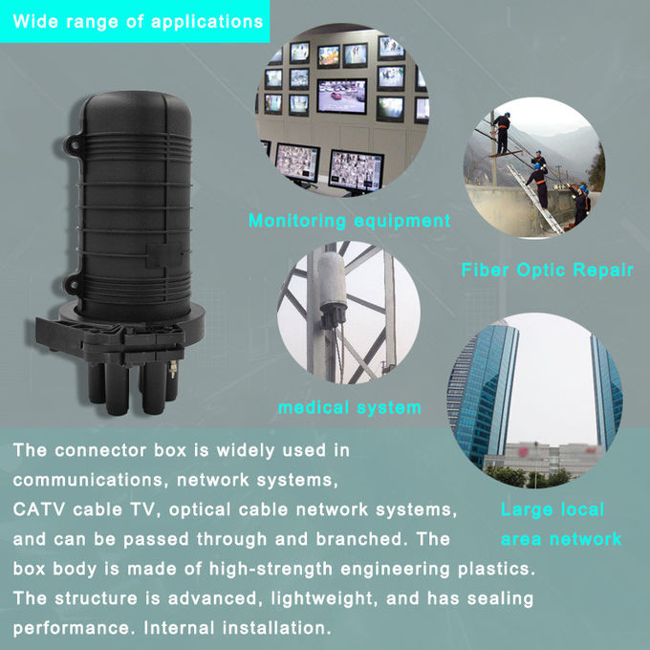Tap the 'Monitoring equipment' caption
coord(349,221)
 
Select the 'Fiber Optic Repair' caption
coord(548,271)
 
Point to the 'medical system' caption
coord(349,407)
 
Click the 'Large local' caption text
coord(552,509)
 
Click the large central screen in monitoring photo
coord(342,95)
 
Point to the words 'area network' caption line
coord(561,539)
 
